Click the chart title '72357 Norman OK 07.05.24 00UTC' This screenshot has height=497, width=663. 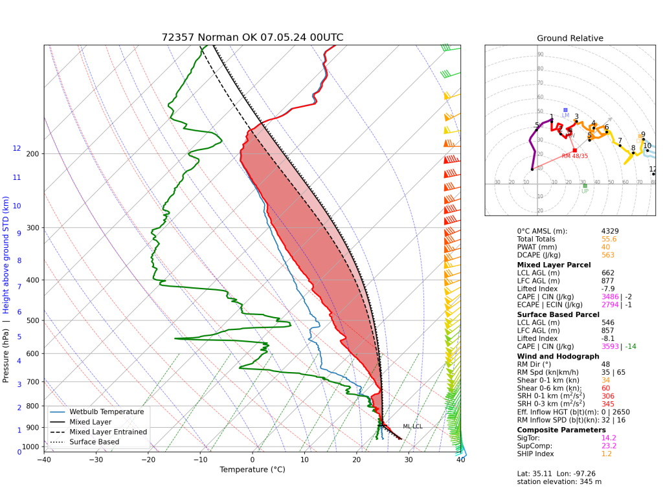point(253,38)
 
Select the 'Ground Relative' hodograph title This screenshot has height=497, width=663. point(570,38)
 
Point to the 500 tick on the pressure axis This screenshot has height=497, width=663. point(32,321)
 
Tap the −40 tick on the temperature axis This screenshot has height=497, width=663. point(44,461)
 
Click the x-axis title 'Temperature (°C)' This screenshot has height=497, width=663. point(252,470)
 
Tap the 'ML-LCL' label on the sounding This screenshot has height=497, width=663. point(412,426)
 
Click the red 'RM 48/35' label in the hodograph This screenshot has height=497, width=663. point(575,156)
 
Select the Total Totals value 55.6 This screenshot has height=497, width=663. point(609,239)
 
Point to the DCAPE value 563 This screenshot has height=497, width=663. point(607,255)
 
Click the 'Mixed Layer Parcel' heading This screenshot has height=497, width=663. point(554,265)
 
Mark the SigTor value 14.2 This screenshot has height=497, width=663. point(609,437)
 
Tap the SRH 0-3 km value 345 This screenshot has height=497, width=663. point(607,404)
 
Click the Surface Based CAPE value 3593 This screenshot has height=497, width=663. point(610,346)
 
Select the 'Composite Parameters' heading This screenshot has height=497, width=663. point(561,430)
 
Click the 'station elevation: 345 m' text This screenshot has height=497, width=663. point(559,481)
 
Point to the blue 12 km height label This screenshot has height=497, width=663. point(17,148)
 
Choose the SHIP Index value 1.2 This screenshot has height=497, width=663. point(607,454)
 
